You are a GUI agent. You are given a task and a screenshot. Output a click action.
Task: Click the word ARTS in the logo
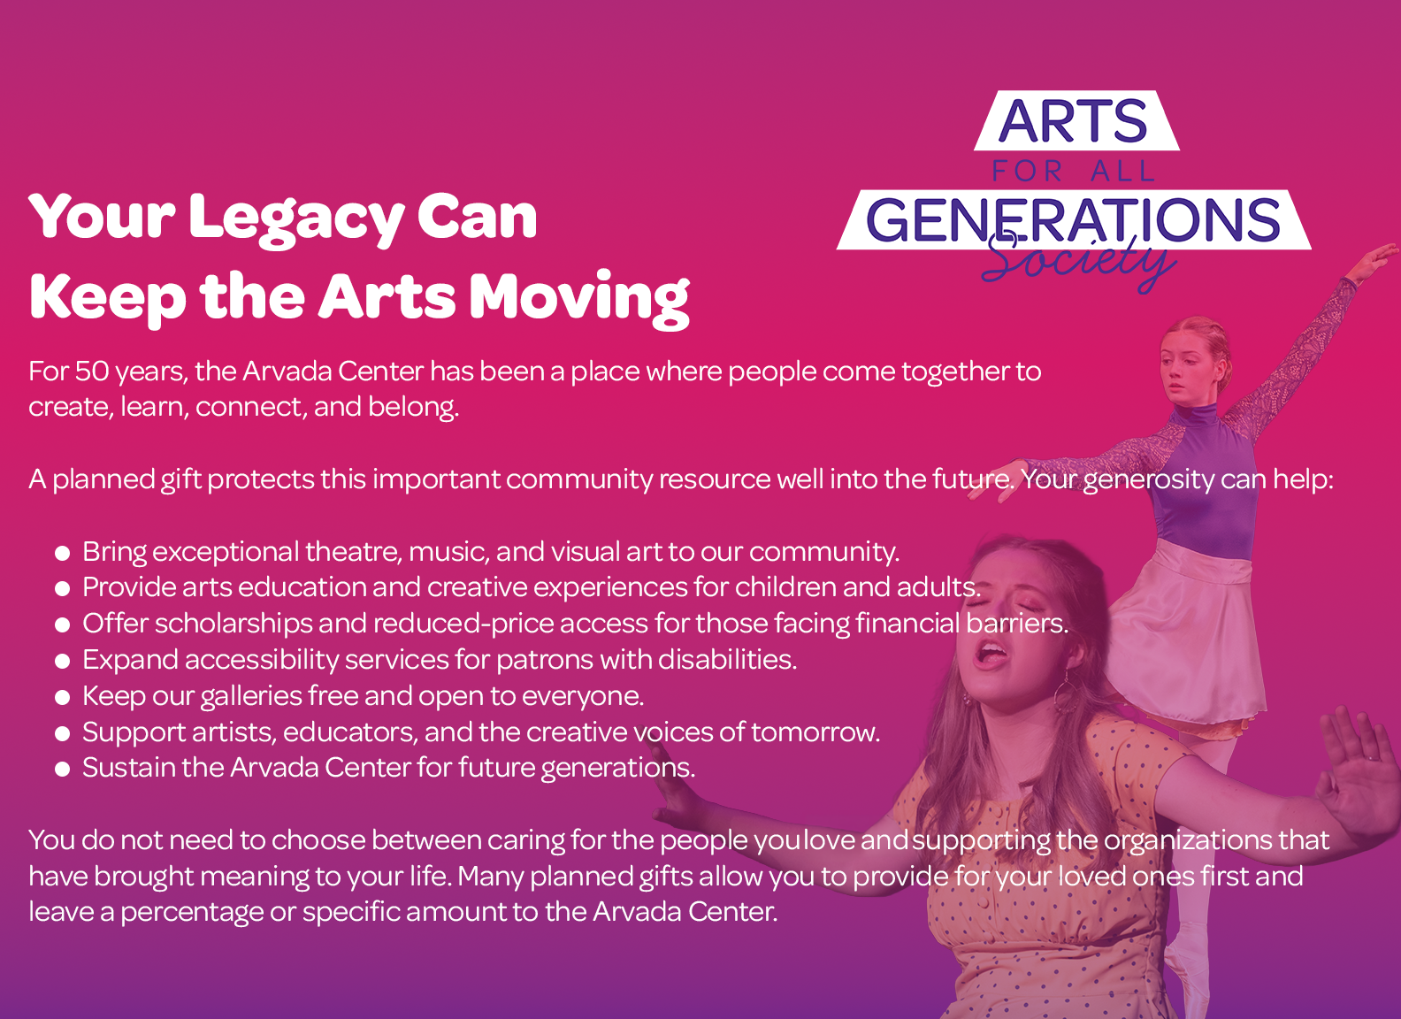1073,120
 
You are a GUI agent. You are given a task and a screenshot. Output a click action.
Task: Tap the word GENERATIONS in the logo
1073,219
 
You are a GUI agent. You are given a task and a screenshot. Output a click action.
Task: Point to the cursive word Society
1079,262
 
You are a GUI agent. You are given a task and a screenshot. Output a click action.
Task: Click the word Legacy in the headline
295,220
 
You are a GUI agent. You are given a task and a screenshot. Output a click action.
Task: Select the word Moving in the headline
579,300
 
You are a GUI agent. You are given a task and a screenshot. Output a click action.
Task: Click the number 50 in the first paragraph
92,372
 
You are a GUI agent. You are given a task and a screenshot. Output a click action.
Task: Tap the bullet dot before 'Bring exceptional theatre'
62,553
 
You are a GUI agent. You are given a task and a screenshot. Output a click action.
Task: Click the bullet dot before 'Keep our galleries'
62,698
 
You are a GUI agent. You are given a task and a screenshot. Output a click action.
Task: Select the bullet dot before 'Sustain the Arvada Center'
62,770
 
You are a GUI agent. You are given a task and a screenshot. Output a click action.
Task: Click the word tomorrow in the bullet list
815,732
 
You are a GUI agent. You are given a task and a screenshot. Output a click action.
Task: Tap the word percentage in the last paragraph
191,913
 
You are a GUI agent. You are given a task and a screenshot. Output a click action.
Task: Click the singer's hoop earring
1063,693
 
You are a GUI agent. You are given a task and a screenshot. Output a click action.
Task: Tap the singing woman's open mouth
991,655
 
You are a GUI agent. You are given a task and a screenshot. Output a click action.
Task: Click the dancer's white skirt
1185,632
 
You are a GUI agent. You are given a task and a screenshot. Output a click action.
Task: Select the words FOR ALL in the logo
1073,171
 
